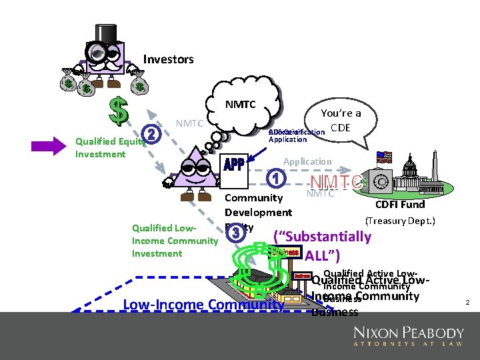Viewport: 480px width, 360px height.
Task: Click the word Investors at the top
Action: (168, 59)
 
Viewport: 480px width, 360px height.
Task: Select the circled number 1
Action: (275, 178)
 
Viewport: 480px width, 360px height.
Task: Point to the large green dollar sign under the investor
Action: (119, 111)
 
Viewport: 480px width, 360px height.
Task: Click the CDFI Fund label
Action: (400, 205)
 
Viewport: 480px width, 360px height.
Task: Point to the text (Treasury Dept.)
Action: (400, 220)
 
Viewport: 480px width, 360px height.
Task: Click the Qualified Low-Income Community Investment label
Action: (175, 240)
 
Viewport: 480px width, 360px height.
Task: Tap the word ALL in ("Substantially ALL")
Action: (323, 255)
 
